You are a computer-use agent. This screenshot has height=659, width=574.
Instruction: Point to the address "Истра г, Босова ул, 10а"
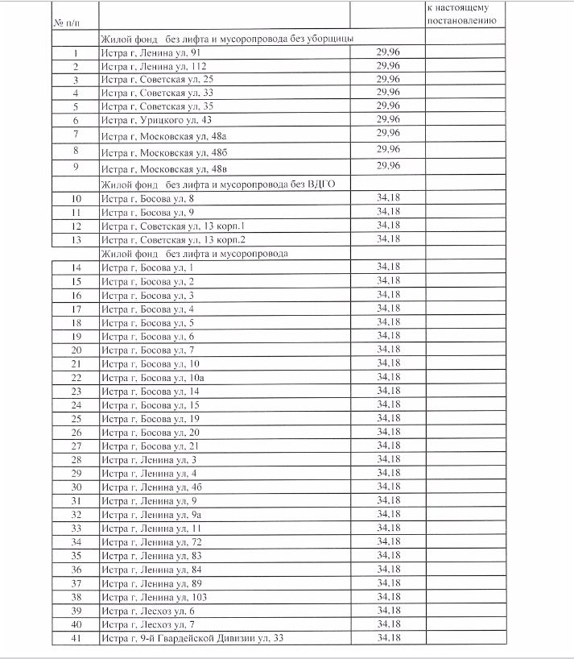(153, 377)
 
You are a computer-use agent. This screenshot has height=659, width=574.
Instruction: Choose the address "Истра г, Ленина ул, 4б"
(151, 487)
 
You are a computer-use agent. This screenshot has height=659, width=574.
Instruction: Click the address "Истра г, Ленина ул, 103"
(154, 597)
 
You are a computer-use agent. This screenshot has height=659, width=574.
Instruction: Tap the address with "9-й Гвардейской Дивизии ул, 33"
(192, 639)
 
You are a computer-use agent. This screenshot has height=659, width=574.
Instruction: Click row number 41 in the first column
(76, 639)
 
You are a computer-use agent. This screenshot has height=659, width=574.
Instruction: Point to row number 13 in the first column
(76, 239)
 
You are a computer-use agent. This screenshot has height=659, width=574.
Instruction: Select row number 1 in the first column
(76, 53)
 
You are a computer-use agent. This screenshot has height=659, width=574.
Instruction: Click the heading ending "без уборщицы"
(226, 39)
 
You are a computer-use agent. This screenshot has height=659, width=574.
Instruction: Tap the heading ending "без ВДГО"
(217, 184)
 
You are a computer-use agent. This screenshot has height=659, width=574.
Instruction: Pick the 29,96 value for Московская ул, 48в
(388, 166)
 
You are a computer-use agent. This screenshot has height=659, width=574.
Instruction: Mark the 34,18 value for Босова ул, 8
(388, 198)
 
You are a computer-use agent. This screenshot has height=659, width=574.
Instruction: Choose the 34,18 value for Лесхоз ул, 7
(388, 624)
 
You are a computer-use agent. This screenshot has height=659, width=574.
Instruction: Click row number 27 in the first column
(76, 446)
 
